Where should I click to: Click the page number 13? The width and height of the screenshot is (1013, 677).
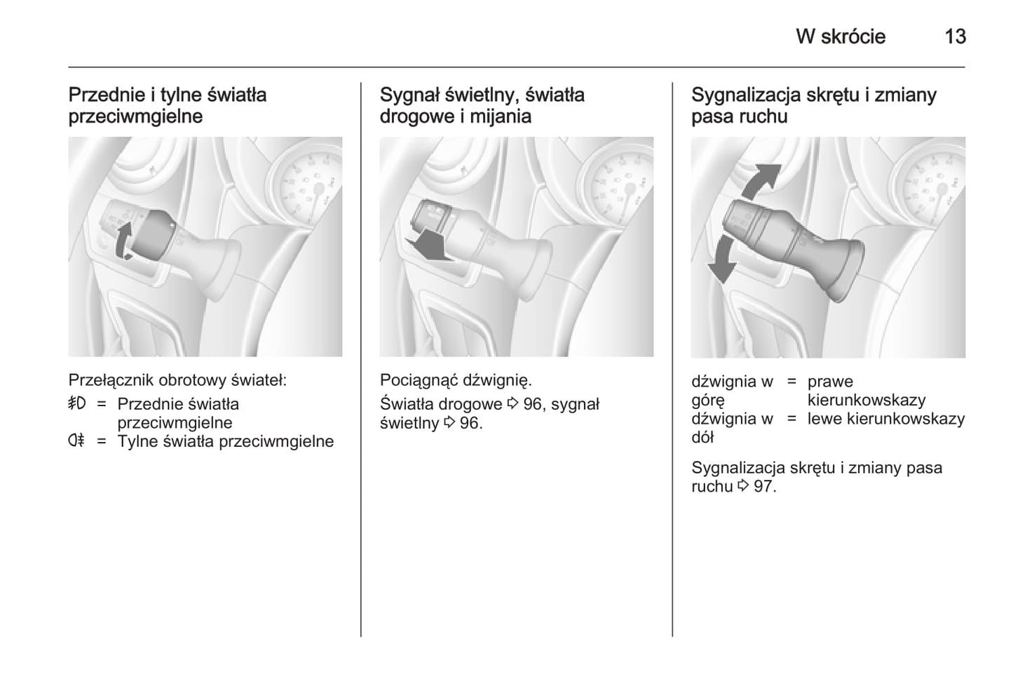tap(955, 36)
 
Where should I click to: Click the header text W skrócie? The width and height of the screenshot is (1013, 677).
tap(841, 36)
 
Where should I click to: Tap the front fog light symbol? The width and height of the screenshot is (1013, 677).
tap(77, 403)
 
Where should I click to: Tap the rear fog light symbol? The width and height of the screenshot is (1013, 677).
tap(76, 441)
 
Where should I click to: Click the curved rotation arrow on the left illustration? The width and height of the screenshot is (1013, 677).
tap(123, 241)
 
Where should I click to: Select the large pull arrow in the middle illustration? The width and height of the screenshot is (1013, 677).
tap(428, 245)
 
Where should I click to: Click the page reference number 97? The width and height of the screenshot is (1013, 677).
tap(764, 486)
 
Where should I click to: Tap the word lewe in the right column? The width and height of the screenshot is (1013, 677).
tap(825, 419)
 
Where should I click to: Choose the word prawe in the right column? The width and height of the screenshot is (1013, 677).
tap(830, 382)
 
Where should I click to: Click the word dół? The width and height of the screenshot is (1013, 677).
tap(702, 438)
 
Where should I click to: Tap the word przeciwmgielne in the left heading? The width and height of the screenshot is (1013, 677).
tap(135, 116)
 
